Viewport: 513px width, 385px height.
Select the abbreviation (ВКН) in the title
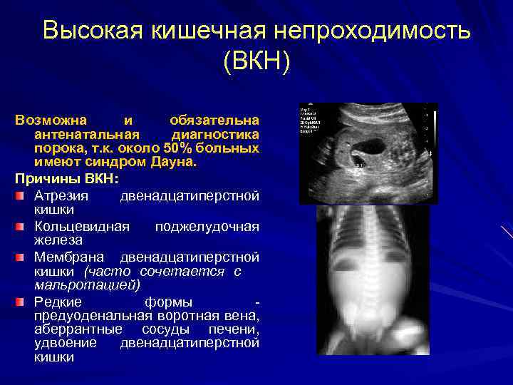[x=256, y=62]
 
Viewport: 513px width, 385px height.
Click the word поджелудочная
[x=207, y=227]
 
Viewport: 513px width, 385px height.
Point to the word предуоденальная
[x=93, y=316]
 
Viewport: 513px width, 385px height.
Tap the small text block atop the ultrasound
[x=312, y=115]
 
